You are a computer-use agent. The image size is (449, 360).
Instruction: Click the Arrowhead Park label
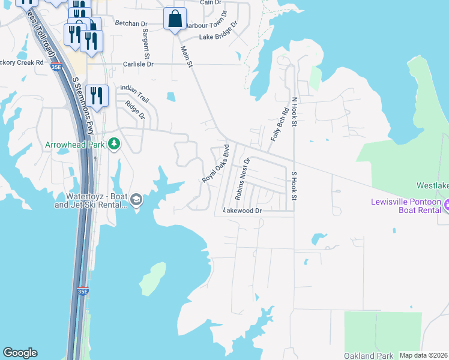coord(74,145)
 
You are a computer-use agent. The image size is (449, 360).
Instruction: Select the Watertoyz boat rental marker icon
coord(136,200)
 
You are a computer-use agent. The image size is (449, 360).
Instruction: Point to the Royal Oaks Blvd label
coord(216,163)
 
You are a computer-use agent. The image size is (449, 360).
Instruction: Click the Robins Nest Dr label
coord(241,178)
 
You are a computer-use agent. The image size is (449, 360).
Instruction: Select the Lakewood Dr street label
coord(243,211)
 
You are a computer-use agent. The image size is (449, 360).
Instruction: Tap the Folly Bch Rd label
coord(280,124)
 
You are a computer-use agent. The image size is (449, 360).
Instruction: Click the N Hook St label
coord(294,112)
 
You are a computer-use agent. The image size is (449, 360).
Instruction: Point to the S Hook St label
coord(294,186)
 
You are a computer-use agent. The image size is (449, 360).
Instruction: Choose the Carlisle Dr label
coord(139,64)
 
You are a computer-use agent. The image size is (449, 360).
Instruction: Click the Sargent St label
coord(145,41)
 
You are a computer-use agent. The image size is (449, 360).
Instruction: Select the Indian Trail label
coord(134,92)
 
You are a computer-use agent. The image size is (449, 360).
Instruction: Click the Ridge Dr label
coord(135,110)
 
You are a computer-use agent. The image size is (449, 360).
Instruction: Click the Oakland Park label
coord(369,356)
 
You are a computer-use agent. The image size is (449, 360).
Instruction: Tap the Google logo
coord(20,353)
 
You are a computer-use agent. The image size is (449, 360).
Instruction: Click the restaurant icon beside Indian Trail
coord(96,95)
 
